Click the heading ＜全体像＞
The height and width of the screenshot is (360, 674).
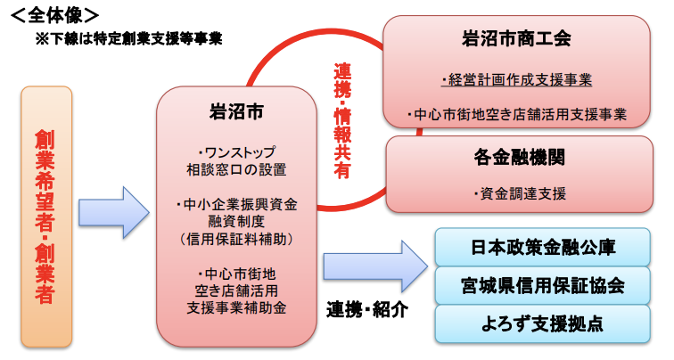54,16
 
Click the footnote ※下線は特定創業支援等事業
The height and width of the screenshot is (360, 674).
129,39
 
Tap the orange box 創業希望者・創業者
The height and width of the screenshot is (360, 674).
46,217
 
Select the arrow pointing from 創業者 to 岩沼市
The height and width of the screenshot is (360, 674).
114,212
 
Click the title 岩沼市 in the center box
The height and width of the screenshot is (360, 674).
236,112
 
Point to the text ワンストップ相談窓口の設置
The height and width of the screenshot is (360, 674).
236,161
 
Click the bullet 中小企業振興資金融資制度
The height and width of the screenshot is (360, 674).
236,213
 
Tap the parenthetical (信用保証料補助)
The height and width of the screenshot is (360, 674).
236,239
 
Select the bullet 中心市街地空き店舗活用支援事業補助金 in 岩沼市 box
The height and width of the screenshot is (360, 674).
236,290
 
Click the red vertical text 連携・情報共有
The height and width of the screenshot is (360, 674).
342,120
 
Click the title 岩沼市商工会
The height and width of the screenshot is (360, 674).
516,38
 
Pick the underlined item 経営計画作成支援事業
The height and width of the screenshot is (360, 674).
517,80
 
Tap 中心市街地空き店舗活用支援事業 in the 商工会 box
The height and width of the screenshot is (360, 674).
517,115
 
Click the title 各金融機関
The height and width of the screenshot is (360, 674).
519,157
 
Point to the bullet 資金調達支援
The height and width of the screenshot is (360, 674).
519,193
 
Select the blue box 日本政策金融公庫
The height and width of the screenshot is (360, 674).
542,248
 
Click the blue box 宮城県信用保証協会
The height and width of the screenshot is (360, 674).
542,286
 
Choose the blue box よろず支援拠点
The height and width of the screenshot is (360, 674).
542,324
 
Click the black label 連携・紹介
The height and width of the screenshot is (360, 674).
367,310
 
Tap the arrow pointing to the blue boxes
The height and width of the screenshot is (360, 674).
375,266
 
